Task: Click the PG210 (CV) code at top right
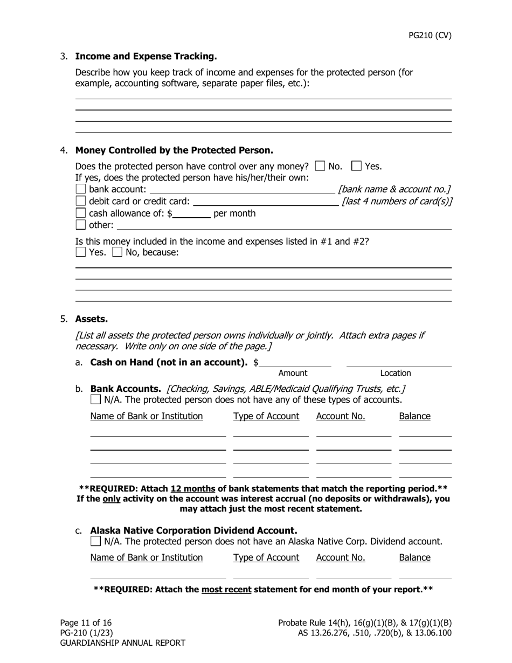(430, 36)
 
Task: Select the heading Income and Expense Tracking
(146, 57)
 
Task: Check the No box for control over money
(320, 166)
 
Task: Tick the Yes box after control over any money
(356, 166)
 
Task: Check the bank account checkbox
(81, 189)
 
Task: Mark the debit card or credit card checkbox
(81, 201)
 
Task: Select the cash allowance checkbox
(81, 213)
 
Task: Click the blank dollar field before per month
(192, 213)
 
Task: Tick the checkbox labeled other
(81, 225)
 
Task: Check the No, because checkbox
(117, 252)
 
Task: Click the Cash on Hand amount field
(295, 362)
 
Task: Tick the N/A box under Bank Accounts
(95, 399)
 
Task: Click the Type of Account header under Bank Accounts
(266, 416)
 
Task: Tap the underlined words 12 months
(193, 489)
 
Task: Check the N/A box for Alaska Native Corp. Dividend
(95, 541)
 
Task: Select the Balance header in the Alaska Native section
(414, 557)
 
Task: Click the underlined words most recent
(226, 589)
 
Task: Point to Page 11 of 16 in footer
(86, 623)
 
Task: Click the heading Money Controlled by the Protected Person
(174, 150)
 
